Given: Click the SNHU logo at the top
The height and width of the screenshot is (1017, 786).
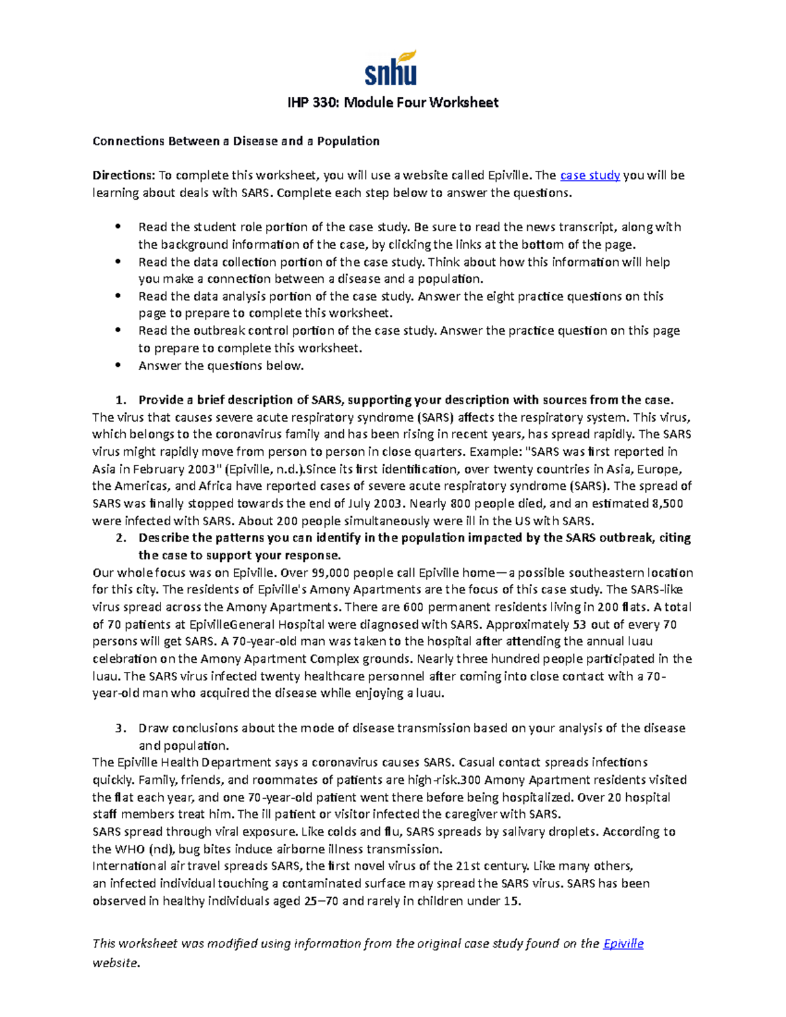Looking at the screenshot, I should [391, 68].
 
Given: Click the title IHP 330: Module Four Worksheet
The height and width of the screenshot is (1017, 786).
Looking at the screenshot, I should [393, 102].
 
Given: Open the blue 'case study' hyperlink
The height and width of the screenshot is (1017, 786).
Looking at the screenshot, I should [589, 176].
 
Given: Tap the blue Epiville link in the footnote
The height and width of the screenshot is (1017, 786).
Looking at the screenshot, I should [623, 944].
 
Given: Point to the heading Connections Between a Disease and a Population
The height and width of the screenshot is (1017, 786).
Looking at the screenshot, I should [236, 141].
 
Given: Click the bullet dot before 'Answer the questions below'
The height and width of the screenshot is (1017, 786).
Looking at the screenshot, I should [119, 365].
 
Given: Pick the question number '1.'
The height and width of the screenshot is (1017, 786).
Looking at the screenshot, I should [120, 400].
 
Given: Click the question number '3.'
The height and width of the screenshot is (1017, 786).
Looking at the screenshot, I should [120, 728].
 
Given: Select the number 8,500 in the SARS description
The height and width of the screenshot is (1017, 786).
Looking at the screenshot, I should [667, 504].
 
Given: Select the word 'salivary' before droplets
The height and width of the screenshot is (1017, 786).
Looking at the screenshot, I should [519, 832].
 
